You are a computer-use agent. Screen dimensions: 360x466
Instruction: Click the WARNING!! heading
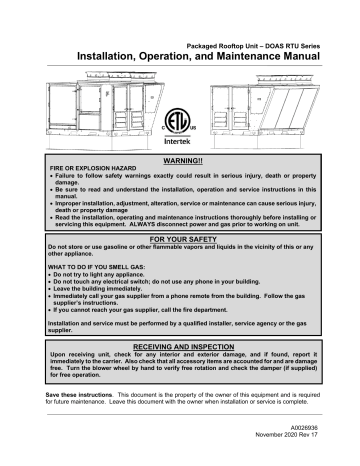(x=181, y=160)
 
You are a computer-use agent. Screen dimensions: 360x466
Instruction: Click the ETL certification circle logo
(x=179, y=119)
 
